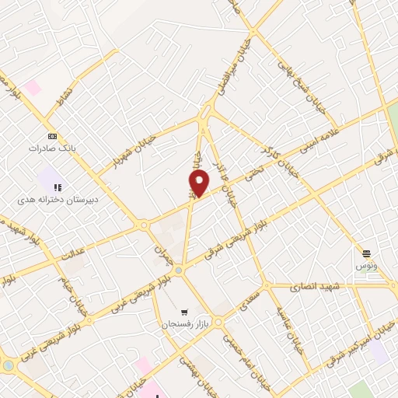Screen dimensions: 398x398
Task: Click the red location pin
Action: [x=199, y=183]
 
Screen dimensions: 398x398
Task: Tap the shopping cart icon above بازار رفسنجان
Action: [x=183, y=310]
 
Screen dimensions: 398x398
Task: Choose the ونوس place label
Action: [x=366, y=266]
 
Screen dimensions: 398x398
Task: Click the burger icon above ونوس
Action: [x=366, y=253]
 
